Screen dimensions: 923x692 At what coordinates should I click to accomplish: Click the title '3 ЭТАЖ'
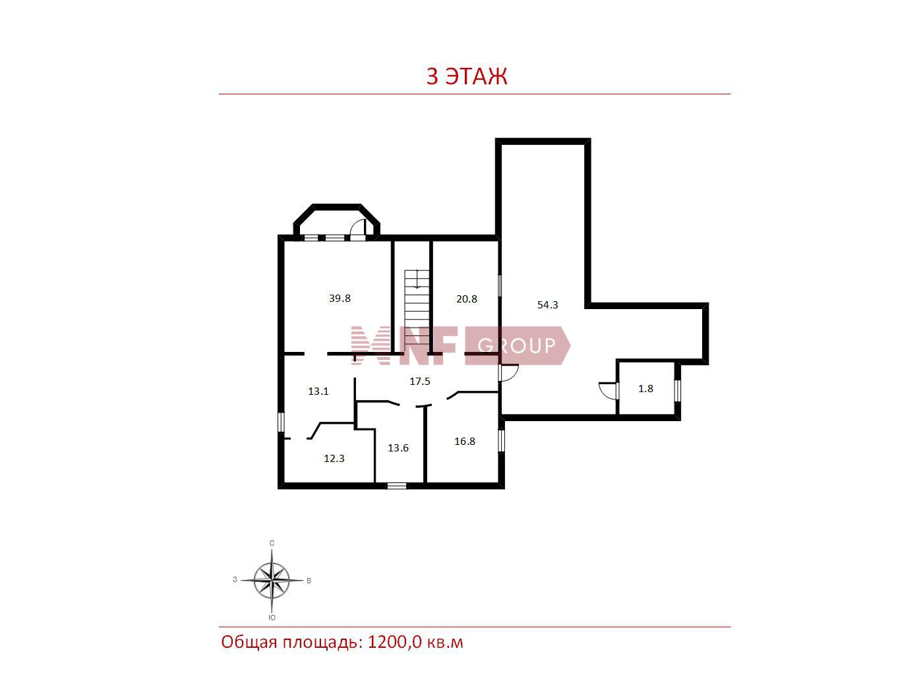coord(467,76)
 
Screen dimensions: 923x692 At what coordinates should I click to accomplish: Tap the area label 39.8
coord(340,299)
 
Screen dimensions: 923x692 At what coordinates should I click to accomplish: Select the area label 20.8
coord(467,299)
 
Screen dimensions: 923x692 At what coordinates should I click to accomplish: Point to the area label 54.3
coord(547,305)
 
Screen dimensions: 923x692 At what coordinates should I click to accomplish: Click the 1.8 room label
coord(645,389)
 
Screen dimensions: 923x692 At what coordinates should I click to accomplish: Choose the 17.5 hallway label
coord(420,382)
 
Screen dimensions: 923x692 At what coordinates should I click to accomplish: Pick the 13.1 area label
coord(318,391)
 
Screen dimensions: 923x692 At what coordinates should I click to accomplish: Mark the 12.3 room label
coord(334,459)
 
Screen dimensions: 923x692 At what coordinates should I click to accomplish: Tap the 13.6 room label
coord(398,448)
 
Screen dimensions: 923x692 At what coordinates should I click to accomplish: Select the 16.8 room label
coord(465,441)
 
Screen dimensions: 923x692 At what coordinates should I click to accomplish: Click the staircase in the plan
coord(417,311)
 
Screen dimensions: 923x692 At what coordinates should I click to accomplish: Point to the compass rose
coord(272,580)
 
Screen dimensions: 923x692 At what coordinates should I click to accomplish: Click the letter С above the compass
coord(272,543)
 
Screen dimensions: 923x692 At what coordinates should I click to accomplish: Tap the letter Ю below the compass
coord(272,618)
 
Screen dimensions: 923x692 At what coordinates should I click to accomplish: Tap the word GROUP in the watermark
coord(516,345)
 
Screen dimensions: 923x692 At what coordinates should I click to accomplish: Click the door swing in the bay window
coord(358,230)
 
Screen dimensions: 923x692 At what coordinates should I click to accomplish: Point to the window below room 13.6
coord(396,486)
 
